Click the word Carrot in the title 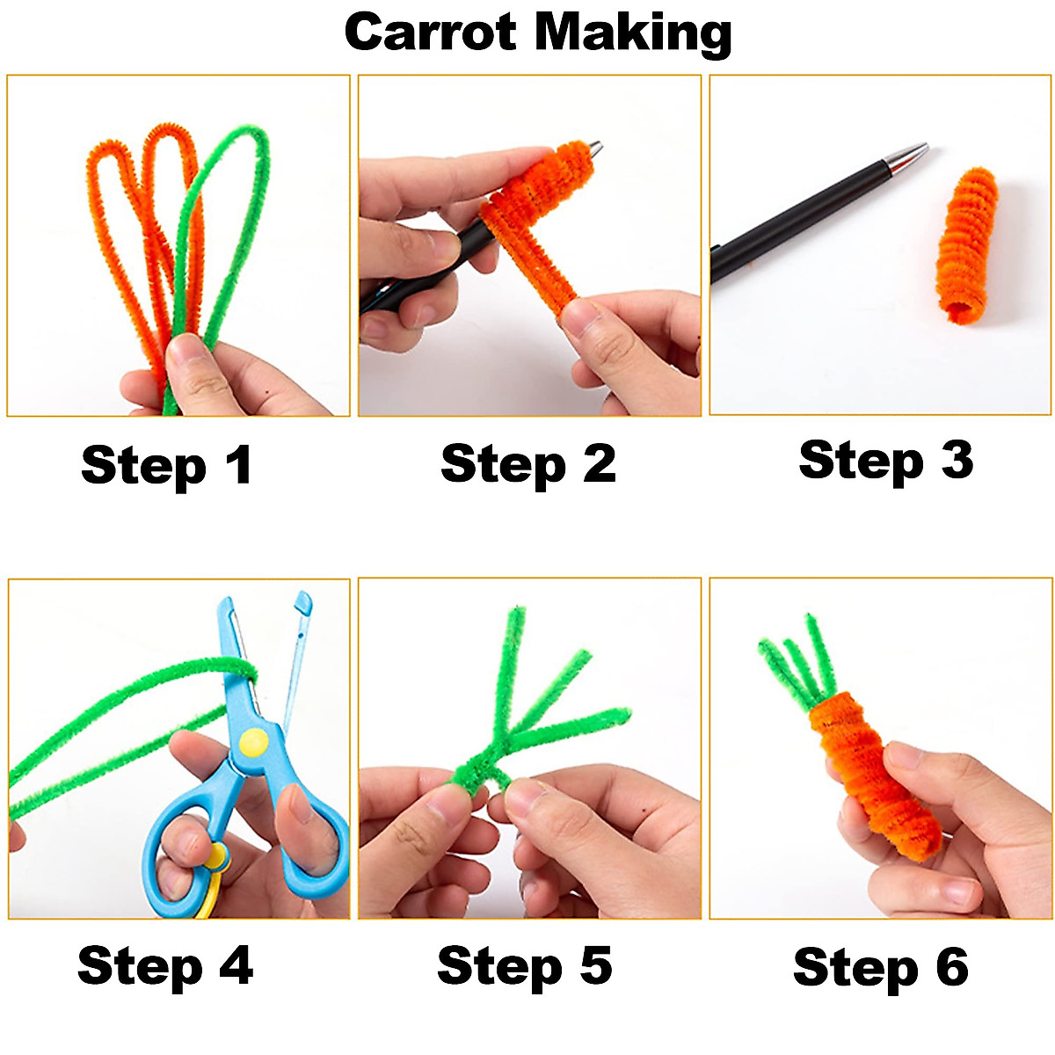coord(430,32)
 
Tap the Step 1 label coord(166,466)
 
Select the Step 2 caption coord(528,465)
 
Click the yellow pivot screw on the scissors coord(254,742)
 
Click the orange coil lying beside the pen coord(966,246)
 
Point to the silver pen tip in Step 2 coord(594,149)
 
